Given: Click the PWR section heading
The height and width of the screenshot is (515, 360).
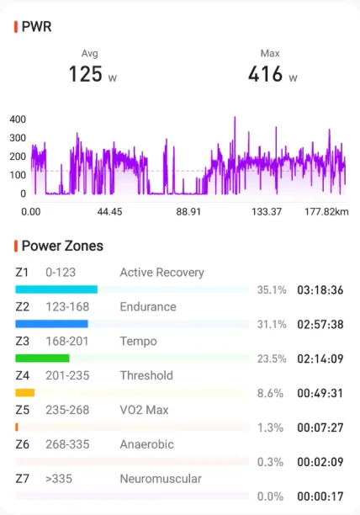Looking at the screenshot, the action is coord(36,27).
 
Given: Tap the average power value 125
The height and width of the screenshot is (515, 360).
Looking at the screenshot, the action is coord(85,74).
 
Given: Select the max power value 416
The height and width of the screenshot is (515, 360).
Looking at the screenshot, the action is coord(265,74).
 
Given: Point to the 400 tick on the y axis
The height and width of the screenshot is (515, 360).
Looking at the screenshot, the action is coord(18,119).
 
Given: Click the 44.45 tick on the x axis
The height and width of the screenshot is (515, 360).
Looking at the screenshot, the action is coord(109,212).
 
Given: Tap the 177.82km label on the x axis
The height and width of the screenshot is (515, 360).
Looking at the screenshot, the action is coord(326,212).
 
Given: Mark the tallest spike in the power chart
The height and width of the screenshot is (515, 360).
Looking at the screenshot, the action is coord(235,118).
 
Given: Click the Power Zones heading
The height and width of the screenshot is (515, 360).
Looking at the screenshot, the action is coord(62,246).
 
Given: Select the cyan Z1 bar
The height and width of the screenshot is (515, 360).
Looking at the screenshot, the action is coord(56,289).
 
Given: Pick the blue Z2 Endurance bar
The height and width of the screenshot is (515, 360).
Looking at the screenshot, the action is coord(51,324).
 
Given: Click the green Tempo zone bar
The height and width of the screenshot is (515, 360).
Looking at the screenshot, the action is coord(42,358).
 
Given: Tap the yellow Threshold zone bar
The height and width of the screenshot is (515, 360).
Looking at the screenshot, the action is coord(25,392).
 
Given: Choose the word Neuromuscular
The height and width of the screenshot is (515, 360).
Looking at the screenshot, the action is coord(161,479).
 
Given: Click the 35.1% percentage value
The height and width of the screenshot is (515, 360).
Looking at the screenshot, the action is coord(272,290).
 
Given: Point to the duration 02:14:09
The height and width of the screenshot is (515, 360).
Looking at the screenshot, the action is coord(320,358).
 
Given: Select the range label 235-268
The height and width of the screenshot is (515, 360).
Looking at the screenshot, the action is coord(67,410).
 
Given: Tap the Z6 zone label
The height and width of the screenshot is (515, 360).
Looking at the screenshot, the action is coord(23,444).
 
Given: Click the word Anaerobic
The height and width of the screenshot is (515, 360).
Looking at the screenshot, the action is coord(146,444).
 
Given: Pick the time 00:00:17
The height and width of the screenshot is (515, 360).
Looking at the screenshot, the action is coord(320,496).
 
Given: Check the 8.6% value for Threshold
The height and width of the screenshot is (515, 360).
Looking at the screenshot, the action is coord(270,393).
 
